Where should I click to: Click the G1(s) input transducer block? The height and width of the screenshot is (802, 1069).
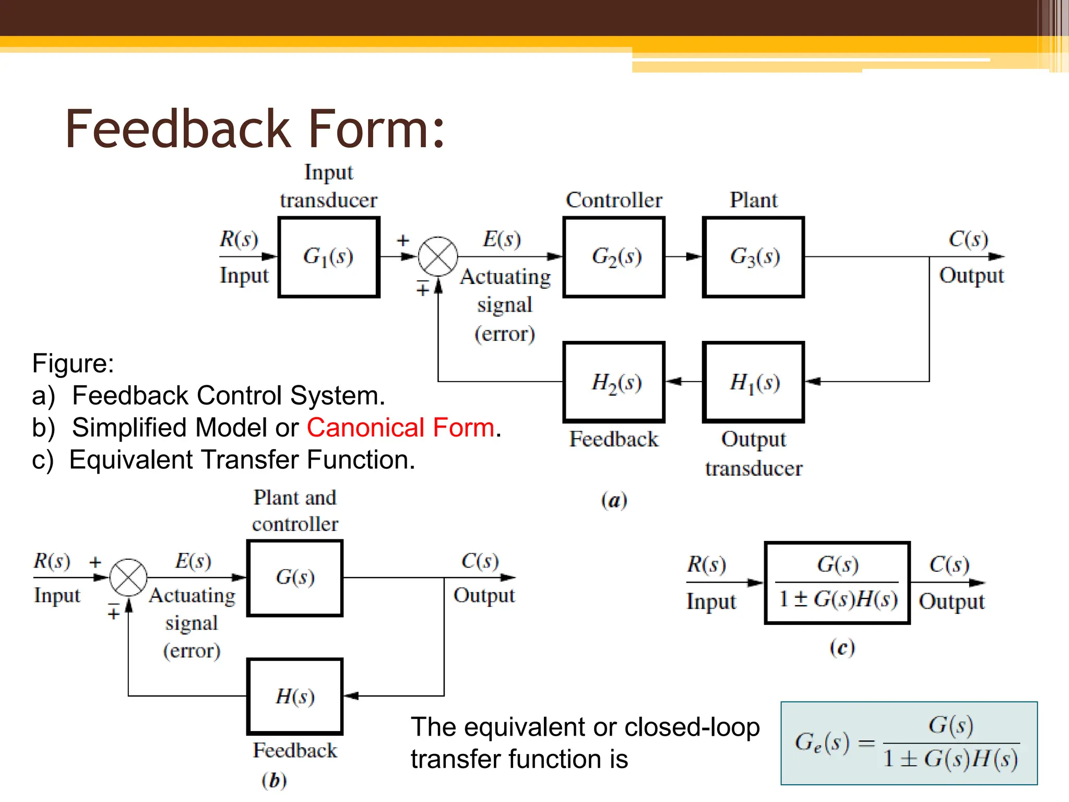329,257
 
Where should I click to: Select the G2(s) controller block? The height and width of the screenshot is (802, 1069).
614,257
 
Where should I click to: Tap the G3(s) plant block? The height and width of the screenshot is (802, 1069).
753,257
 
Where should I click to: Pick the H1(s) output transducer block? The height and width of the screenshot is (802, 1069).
753,382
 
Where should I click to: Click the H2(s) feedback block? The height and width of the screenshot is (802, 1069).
614,382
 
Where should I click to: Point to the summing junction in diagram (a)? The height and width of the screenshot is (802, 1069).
438,256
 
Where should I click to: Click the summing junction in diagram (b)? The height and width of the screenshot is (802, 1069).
128,577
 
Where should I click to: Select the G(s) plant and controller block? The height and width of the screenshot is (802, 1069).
295,578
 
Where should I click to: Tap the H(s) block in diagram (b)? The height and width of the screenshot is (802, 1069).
295,696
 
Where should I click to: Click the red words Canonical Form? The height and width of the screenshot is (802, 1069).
400,428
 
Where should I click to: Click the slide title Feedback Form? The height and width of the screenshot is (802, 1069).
255,129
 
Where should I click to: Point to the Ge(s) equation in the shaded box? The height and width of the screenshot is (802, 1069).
908,743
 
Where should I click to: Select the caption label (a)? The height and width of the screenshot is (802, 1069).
614,500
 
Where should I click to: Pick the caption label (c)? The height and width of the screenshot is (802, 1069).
842,648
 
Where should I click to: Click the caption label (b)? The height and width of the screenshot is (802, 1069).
274,781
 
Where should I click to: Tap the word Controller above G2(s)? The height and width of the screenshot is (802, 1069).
614,200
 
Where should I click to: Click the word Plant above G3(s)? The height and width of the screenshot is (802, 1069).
753,200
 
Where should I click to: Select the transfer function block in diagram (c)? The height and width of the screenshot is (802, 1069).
837,583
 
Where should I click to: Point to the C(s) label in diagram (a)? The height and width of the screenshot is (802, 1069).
968,239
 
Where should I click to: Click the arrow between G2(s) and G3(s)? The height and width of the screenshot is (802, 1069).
684,256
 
